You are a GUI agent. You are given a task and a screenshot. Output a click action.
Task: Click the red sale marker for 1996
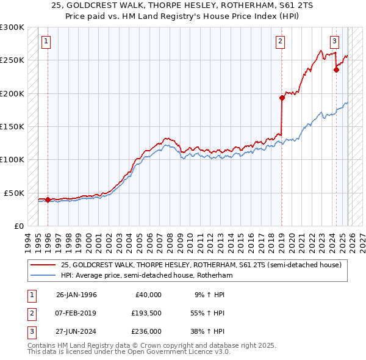click(x=48, y=200)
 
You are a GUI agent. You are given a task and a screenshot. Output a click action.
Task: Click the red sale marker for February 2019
click(x=282, y=98)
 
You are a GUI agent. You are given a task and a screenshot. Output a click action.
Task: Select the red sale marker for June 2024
click(x=336, y=70)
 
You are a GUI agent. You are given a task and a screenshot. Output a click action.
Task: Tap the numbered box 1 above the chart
click(x=47, y=41)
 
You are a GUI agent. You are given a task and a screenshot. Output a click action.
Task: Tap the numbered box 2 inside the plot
click(x=280, y=41)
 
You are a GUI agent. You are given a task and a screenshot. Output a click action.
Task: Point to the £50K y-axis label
click(x=13, y=193)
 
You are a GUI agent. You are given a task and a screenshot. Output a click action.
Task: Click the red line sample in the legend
click(x=43, y=265)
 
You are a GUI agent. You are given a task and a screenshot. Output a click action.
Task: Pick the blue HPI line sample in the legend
click(x=43, y=275)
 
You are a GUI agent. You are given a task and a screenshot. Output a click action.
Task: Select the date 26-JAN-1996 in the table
click(x=76, y=295)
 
